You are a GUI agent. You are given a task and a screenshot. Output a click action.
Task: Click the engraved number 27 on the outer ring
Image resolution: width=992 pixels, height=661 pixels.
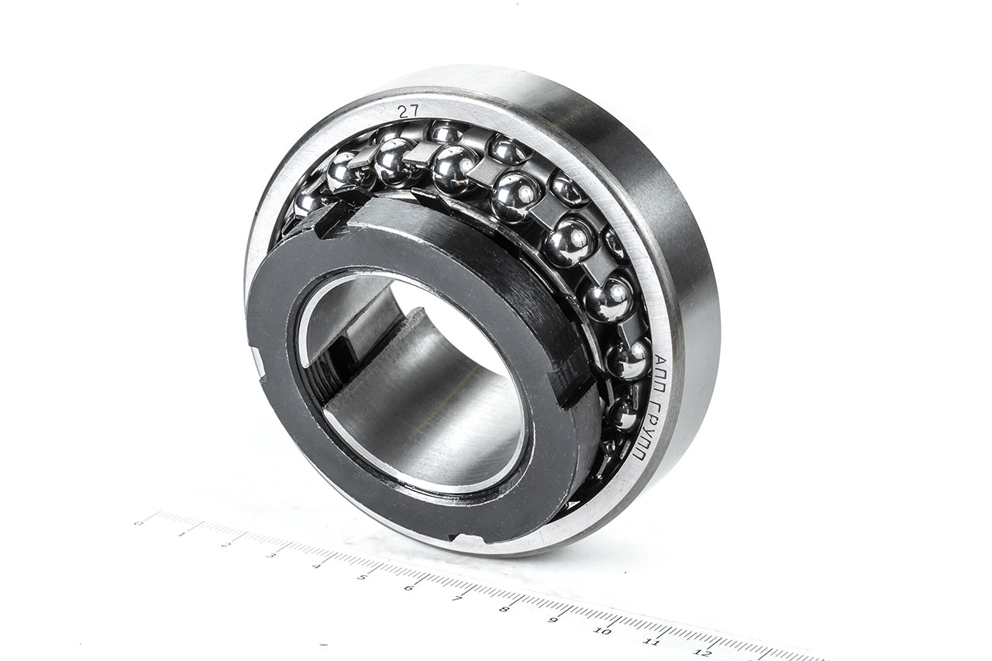[x=408, y=111]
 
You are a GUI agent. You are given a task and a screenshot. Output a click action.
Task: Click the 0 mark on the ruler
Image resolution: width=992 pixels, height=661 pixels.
[x=139, y=523]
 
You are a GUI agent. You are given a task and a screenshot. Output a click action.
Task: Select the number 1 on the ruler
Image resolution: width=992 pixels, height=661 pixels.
[x=181, y=534]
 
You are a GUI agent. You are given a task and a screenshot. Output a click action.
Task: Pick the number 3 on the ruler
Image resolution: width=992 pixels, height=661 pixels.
[x=270, y=555]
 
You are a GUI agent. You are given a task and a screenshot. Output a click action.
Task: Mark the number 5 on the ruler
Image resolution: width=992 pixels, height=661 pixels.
[x=362, y=577]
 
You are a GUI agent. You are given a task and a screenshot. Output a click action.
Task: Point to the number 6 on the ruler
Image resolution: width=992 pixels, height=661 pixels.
[x=409, y=588]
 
